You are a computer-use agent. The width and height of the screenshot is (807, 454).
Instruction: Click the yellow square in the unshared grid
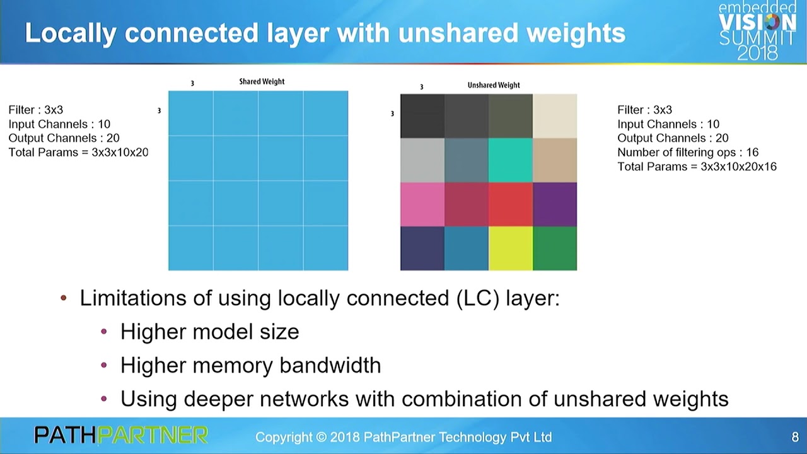[511, 248]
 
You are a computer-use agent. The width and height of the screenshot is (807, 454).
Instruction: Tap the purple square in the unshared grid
[555, 204]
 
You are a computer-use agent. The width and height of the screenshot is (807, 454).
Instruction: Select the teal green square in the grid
[511, 160]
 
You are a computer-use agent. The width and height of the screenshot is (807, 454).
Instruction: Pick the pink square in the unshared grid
[422, 204]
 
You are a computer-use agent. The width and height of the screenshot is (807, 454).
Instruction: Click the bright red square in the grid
[511, 204]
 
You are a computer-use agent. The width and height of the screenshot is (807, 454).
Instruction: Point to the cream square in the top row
[555, 116]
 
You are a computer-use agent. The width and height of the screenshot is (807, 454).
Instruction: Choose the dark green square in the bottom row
[555, 248]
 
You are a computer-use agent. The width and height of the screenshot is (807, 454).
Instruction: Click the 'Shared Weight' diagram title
[262, 81]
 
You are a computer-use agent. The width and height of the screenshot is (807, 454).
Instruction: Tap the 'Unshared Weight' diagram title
[494, 85]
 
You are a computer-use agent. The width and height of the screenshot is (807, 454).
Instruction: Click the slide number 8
[795, 437]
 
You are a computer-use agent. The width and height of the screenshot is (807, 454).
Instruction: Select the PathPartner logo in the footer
[121, 435]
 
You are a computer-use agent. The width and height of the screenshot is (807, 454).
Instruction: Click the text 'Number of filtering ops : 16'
[688, 153]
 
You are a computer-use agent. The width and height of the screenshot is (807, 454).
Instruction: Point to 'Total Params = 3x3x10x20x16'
[697, 167]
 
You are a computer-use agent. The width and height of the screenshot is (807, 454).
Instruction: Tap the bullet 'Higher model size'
[209, 332]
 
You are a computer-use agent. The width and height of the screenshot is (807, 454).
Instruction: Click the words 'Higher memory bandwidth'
[250, 365]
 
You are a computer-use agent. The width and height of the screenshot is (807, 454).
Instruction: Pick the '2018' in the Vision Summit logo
[757, 54]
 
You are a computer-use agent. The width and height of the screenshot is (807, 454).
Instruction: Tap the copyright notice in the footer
[403, 437]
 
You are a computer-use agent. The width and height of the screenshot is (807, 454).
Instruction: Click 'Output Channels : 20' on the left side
[64, 138]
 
